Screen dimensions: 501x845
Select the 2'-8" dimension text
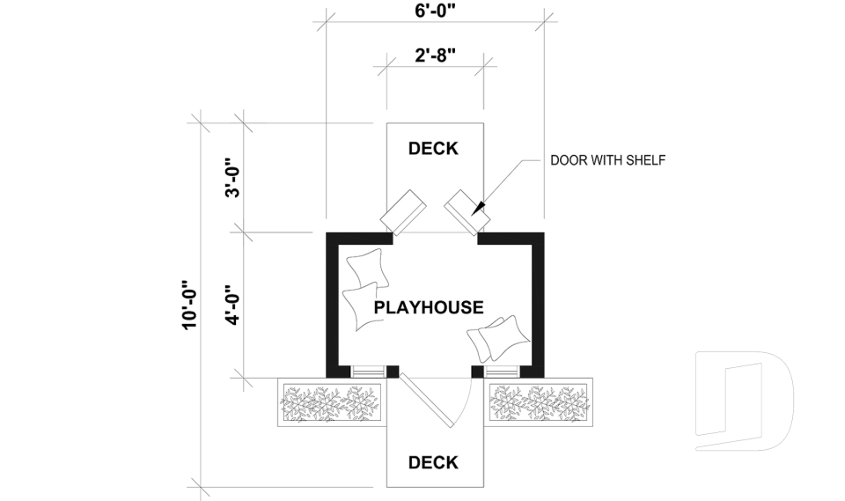click(434, 55)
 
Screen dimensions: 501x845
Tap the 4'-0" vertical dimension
click(232, 305)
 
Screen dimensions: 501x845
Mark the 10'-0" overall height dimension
click(188, 305)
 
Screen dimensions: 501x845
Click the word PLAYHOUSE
click(429, 307)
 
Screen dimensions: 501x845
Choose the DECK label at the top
click(433, 149)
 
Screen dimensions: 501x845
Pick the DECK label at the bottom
click(433, 462)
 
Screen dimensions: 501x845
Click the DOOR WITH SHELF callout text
click(607, 160)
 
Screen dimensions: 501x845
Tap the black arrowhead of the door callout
click(480, 209)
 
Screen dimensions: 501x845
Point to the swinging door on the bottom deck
click(427, 402)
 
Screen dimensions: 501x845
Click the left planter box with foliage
click(332, 402)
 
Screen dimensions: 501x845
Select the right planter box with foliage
click(539, 402)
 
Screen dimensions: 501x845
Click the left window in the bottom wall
click(367, 371)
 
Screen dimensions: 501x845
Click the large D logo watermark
click(744, 401)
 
